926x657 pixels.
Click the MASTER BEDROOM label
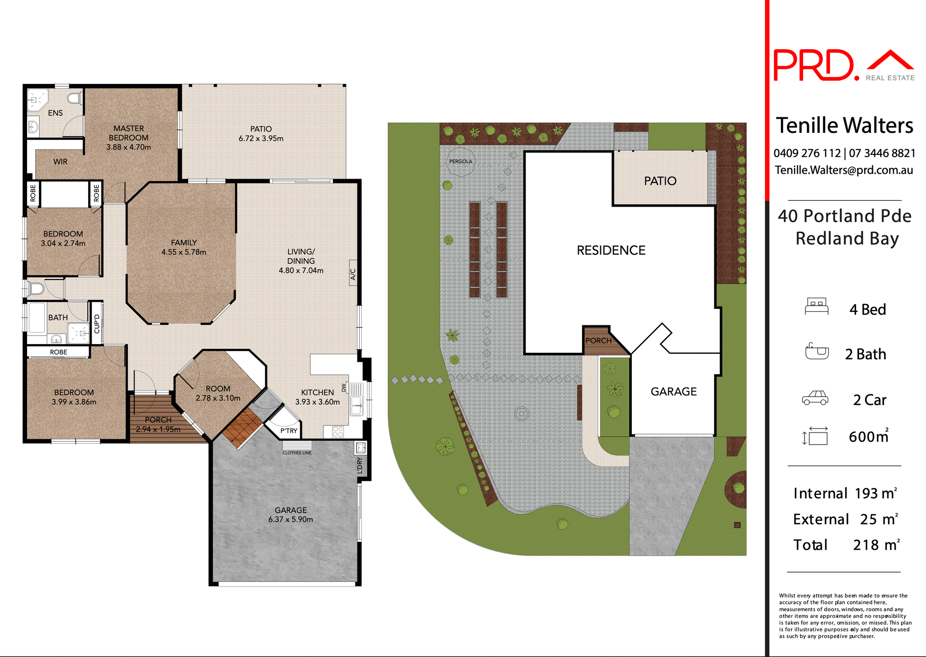pyautogui.click(x=128, y=133)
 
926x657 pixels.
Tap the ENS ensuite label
pyautogui.click(x=55, y=113)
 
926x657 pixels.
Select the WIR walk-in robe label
pyautogui.click(x=60, y=162)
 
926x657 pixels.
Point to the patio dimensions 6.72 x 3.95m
pyautogui.click(x=261, y=139)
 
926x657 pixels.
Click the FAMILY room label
pyautogui.click(x=184, y=243)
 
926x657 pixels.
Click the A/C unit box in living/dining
pyautogui.click(x=353, y=274)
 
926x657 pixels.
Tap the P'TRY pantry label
pyautogui.click(x=288, y=431)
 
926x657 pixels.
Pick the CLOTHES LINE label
pyautogui.click(x=297, y=453)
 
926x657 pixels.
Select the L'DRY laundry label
pyautogui.click(x=360, y=466)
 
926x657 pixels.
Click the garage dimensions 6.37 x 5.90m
pyautogui.click(x=290, y=519)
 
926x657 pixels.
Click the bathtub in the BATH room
pyautogui.click(x=37, y=318)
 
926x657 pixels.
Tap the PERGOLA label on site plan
pyautogui.click(x=461, y=161)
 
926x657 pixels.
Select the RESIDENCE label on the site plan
pyautogui.click(x=611, y=250)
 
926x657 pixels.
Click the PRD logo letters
pyautogui.click(x=813, y=65)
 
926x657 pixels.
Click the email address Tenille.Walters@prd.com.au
pyautogui.click(x=844, y=170)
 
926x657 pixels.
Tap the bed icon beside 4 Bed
pyautogui.click(x=817, y=307)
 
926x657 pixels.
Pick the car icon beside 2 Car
pyautogui.click(x=815, y=398)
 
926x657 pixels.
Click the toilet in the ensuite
pyautogui.click(x=75, y=99)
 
